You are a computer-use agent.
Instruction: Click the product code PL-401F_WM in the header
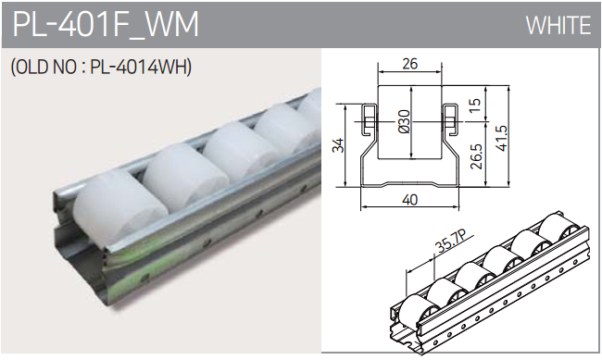[x=106, y=24]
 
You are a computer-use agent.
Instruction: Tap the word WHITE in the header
[x=558, y=25]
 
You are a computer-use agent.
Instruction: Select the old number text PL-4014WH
[x=141, y=68]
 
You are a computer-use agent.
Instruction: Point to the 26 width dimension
[x=409, y=64]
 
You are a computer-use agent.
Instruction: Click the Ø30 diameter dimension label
[x=405, y=121]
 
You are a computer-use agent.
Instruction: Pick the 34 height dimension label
[x=338, y=145]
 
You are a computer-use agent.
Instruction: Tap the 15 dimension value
[x=474, y=106]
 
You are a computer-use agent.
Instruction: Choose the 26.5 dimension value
[x=476, y=156]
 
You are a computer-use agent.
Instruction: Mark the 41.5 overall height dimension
[x=501, y=138]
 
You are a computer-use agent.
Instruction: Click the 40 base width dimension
[x=409, y=200]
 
